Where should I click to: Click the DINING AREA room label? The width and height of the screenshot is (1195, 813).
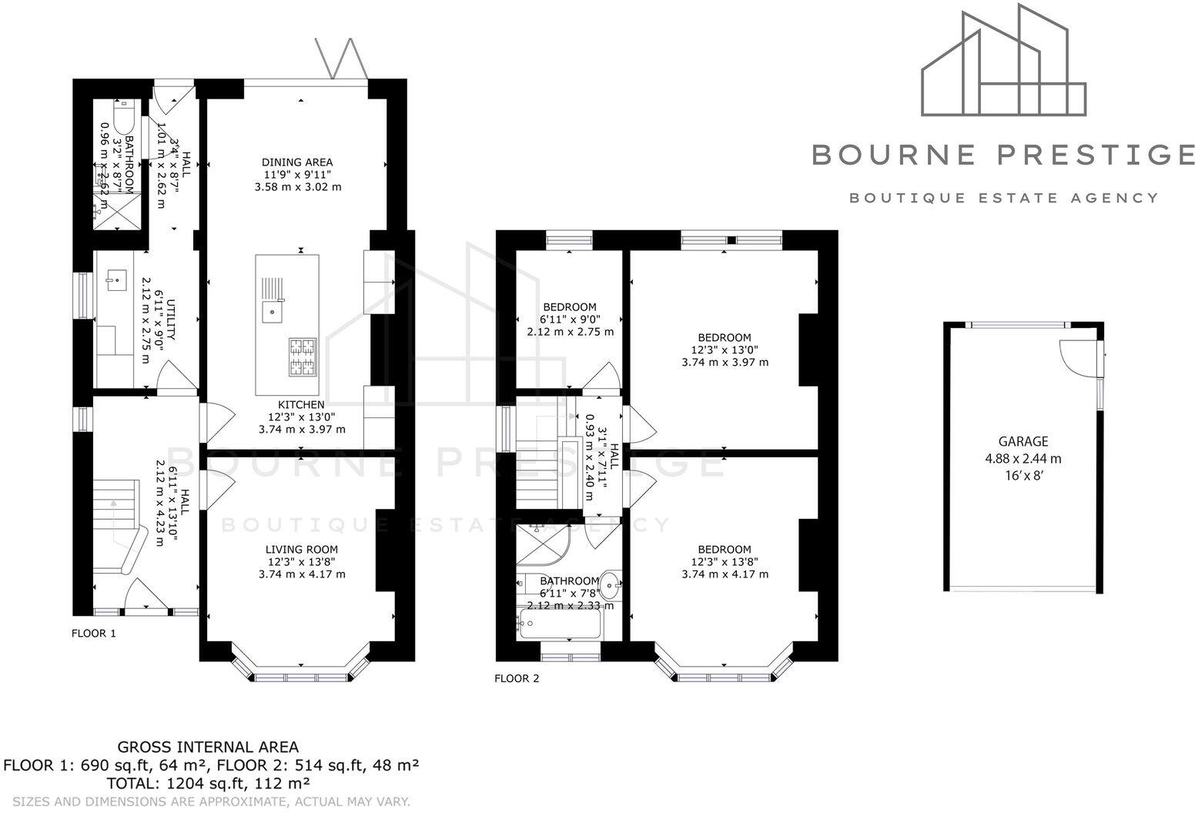point(297,162)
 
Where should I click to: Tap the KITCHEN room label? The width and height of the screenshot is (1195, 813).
point(301,405)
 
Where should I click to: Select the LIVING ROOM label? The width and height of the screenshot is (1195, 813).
point(302,550)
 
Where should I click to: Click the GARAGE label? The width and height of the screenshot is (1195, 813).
point(1023,442)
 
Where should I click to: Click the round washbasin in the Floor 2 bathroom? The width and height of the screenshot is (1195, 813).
point(612,584)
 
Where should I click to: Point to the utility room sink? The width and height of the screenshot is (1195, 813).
point(115,279)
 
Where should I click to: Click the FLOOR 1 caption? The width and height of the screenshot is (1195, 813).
point(93,634)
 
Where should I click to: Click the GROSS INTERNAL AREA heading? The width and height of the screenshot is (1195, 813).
point(207,747)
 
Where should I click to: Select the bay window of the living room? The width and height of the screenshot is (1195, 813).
point(301,674)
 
